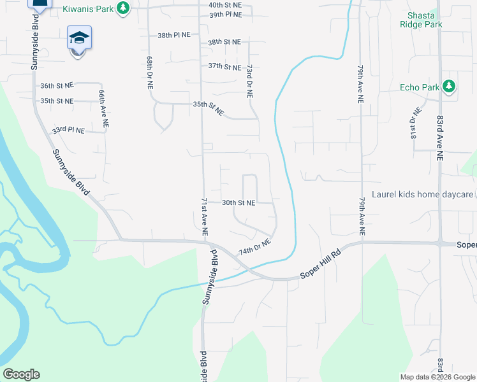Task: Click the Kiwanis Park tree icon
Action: coord(124,8)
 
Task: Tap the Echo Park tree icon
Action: coord(449,86)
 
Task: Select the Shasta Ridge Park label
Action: coord(420,20)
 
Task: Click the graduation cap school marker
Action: coord(80,38)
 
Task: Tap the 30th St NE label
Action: coord(238,202)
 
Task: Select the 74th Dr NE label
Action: coord(255,246)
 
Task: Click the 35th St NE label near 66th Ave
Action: coord(57,101)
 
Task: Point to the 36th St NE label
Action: coord(57,85)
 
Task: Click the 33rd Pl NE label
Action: coord(68,130)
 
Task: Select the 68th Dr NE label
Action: coord(150,71)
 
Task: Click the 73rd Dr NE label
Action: coord(250,80)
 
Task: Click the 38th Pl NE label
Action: coord(173,36)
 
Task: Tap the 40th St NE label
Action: coord(224,4)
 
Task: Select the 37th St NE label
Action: coord(224,66)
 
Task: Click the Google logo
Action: coord(21,374)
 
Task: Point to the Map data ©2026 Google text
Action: coord(437,377)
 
